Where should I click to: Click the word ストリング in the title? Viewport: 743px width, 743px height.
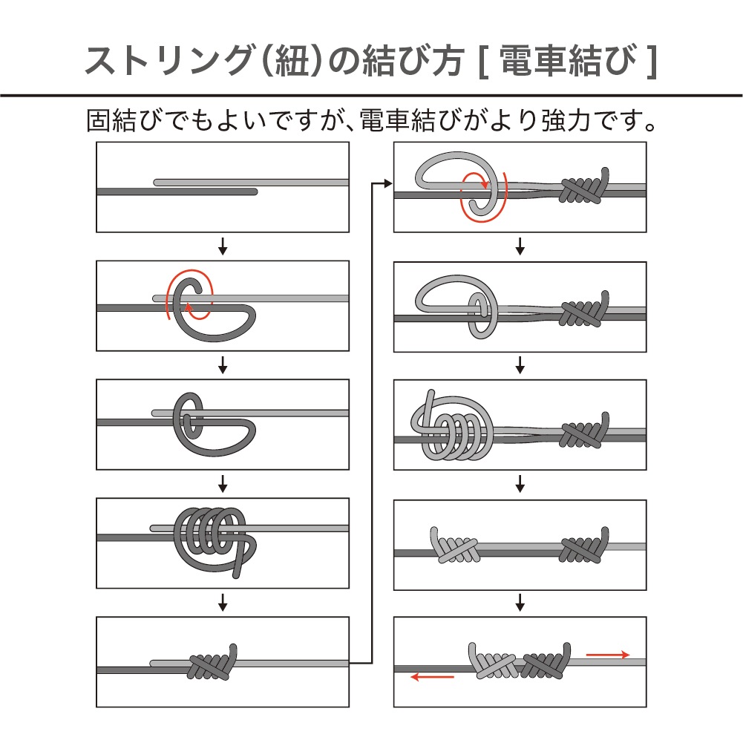click(168, 61)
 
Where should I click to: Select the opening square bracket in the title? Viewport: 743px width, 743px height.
click(483, 61)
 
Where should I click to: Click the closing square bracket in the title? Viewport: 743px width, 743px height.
click(652, 61)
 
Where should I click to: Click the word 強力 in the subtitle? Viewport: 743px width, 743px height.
click(566, 120)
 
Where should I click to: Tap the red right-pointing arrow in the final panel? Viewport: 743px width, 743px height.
click(608, 655)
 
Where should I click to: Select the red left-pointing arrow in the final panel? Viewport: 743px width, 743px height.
click(432, 677)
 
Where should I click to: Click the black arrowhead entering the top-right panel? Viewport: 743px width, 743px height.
click(388, 183)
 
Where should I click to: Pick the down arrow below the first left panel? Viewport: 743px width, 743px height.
click(223, 246)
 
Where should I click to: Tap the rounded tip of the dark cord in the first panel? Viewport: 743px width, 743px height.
click(255, 192)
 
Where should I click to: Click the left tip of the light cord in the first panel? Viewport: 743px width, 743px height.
click(157, 183)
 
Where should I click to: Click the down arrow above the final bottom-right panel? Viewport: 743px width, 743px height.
click(520, 603)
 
